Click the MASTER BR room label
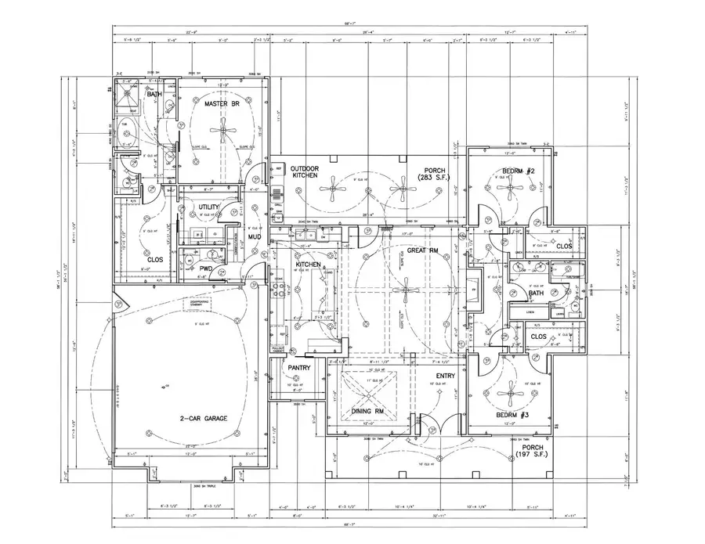(x=221, y=103)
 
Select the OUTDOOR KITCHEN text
(x=303, y=173)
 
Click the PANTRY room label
(x=299, y=367)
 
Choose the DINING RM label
(x=367, y=410)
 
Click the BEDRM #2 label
(x=518, y=171)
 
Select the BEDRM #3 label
(x=514, y=416)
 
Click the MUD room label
(x=255, y=236)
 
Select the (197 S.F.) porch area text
(x=532, y=454)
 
